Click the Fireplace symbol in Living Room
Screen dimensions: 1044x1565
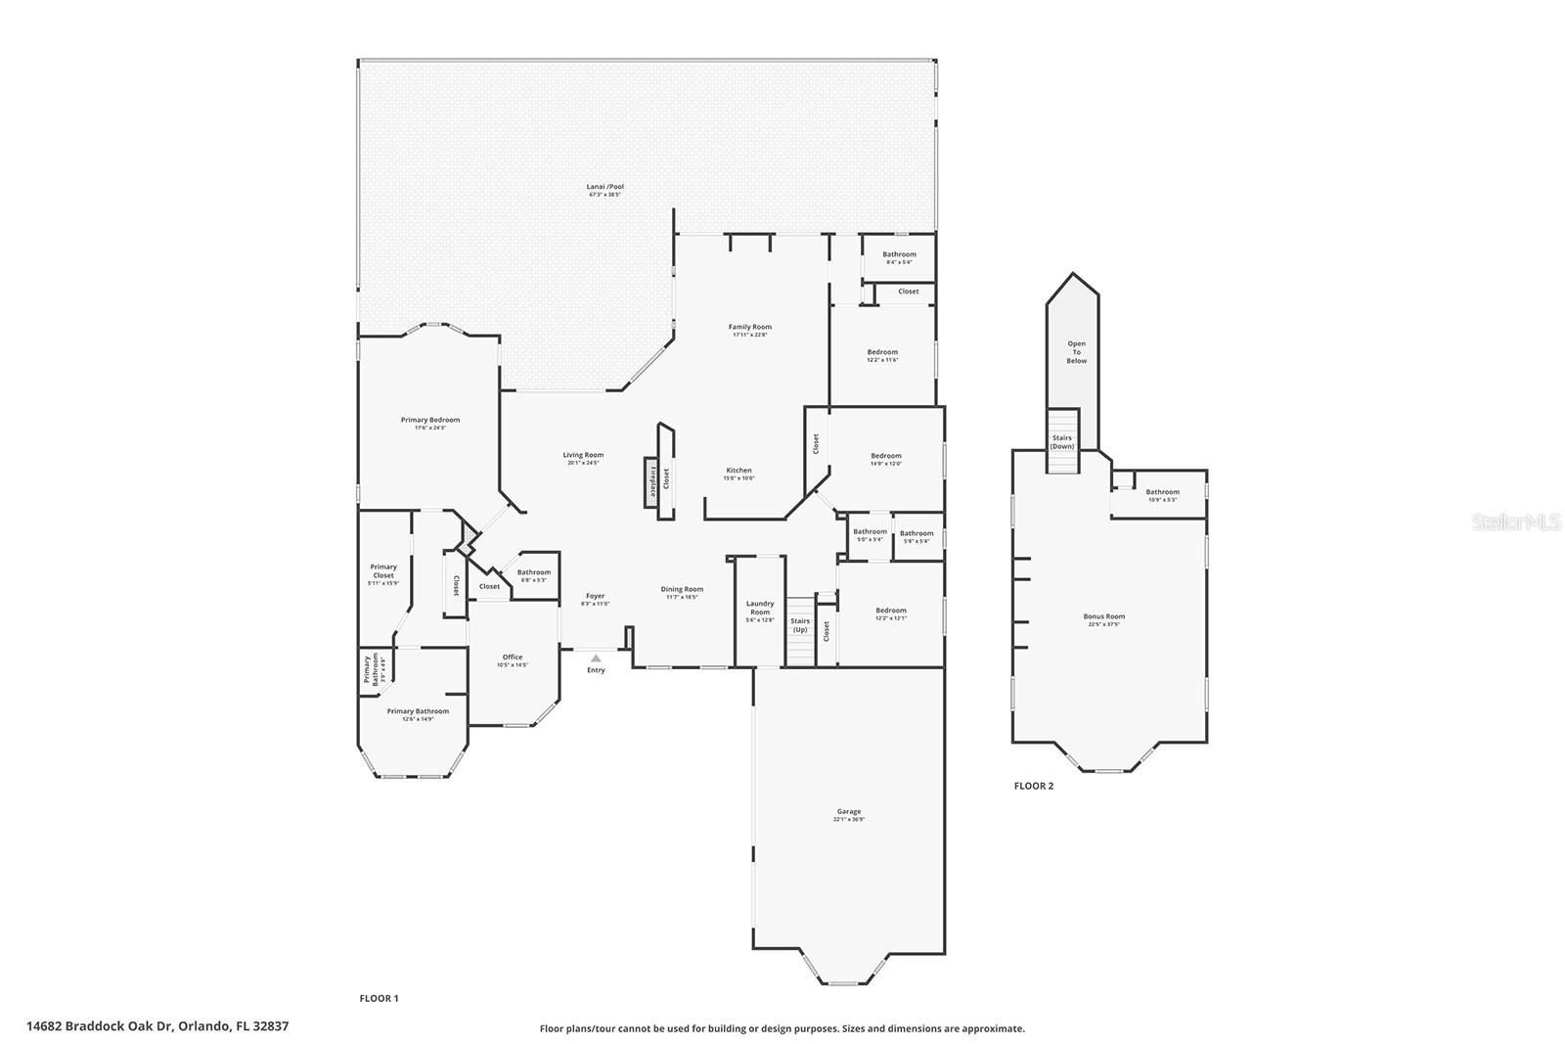pos(649,482)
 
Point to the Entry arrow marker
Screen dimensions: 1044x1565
pos(596,658)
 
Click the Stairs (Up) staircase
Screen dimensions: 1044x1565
pos(801,632)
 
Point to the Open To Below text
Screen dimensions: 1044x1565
pos(1076,352)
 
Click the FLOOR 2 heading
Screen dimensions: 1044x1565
pos(1033,786)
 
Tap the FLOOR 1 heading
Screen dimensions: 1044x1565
pos(379,998)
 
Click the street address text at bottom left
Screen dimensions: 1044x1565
pos(157,1026)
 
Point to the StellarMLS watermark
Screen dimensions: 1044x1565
pos(1516,522)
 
